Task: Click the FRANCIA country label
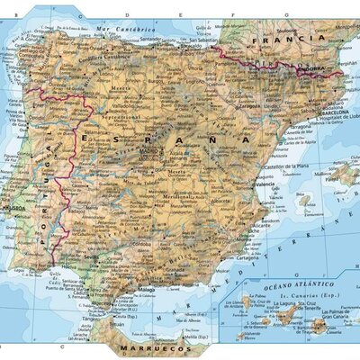[289, 40]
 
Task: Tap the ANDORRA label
[312, 67]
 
